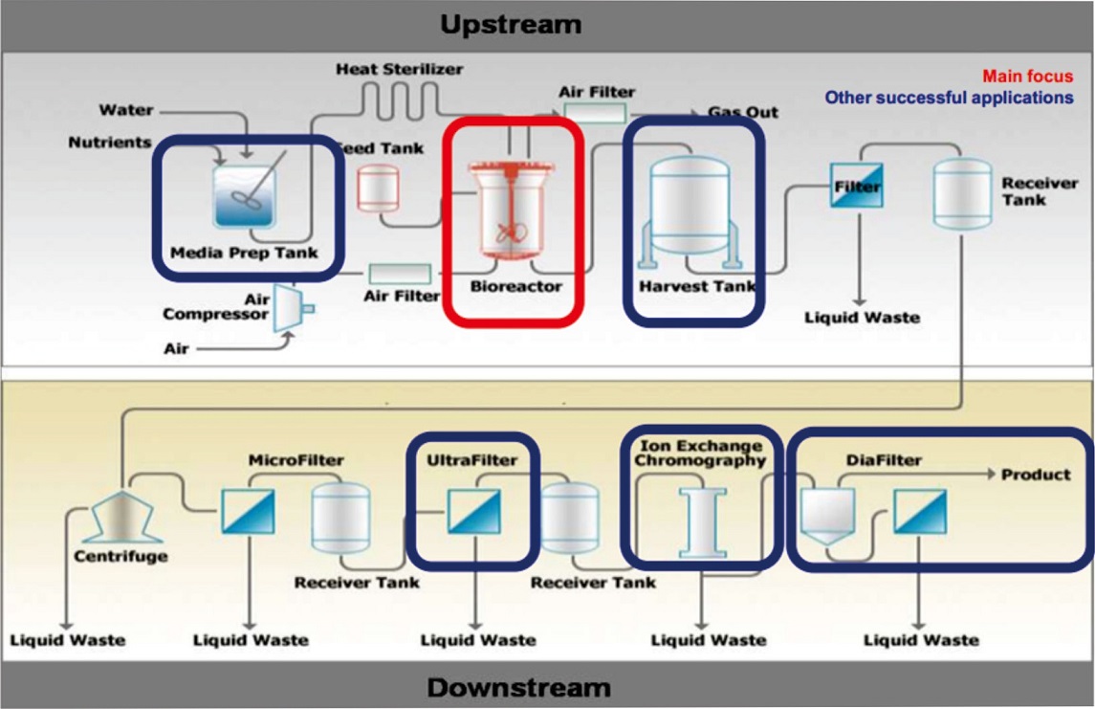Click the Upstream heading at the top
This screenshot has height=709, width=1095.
(511, 25)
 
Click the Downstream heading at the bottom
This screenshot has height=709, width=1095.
(519, 687)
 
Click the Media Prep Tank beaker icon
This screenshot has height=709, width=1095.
(245, 195)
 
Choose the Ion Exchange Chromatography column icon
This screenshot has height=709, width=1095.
(703, 523)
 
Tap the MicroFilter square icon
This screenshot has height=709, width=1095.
(248, 512)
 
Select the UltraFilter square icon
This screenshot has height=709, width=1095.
(474, 512)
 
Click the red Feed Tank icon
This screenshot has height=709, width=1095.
(379, 188)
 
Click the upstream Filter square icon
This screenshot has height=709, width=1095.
(856, 185)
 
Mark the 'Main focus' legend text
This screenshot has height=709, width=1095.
(1027, 77)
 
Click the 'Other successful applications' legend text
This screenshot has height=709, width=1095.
(949, 98)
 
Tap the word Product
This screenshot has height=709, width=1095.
(1036, 475)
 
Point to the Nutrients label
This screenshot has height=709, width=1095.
(110, 143)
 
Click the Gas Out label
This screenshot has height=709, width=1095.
(743, 113)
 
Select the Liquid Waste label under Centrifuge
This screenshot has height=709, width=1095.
(68, 640)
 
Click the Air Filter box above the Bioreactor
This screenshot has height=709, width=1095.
(595, 113)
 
